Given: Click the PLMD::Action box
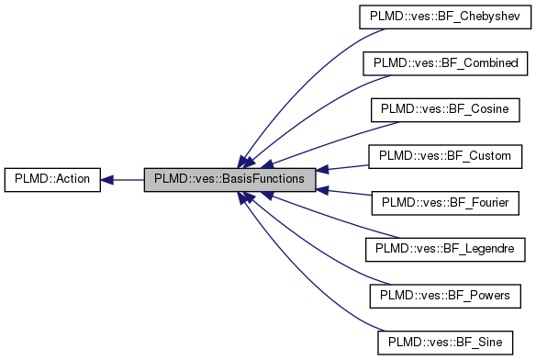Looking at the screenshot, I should click(51, 180).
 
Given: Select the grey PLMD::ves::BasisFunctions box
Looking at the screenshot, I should click(229, 180).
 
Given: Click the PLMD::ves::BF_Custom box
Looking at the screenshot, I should click(444, 156).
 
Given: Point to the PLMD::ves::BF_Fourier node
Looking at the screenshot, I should click(444, 203).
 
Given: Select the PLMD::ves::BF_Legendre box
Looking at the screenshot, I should click(444, 250).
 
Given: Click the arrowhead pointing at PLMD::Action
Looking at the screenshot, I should click(106, 180).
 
